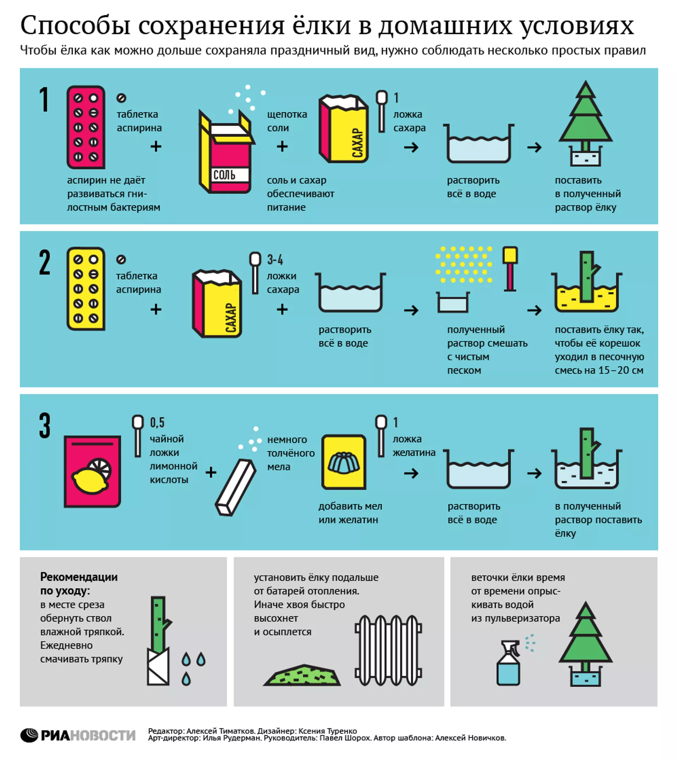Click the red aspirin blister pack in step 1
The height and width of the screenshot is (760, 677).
coord(86,127)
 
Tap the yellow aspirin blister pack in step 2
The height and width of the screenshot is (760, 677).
coord(86,289)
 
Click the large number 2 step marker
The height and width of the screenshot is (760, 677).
coord(45,263)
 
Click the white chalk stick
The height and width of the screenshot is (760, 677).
coord(236,487)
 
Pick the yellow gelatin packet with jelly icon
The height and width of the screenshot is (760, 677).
coord(344,462)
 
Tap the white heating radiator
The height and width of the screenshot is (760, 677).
coord(388,651)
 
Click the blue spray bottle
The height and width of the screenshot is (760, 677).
coord(508,663)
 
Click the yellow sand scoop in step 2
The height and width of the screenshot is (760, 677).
coord(510,269)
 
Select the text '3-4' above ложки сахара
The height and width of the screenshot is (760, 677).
coord(275,259)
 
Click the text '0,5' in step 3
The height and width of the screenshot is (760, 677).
coord(157,422)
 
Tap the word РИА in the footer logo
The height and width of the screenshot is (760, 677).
coord(55,735)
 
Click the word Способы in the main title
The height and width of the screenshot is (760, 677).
coord(75,26)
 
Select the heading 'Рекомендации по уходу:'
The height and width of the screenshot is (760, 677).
coord(79,584)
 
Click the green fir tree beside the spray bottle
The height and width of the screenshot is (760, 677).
coord(585,644)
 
